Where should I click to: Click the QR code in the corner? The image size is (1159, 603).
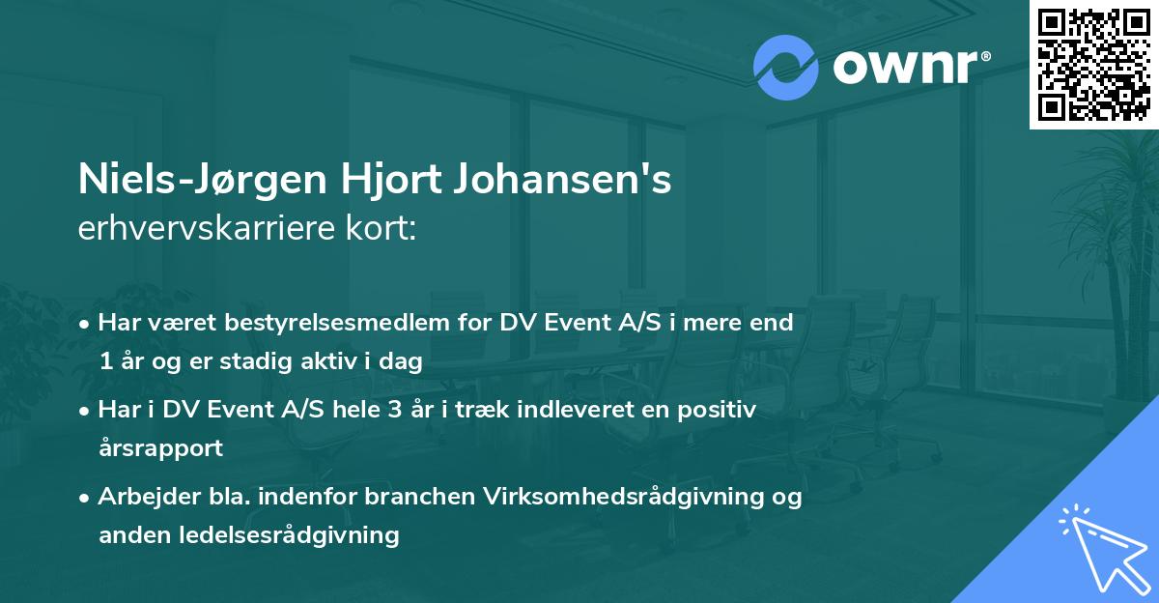(x=1092, y=65)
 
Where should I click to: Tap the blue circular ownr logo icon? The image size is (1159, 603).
(x=785, y=68)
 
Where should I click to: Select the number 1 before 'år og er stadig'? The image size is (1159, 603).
(x=104, y=361)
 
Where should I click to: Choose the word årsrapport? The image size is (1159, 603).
(x=160, y=447)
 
